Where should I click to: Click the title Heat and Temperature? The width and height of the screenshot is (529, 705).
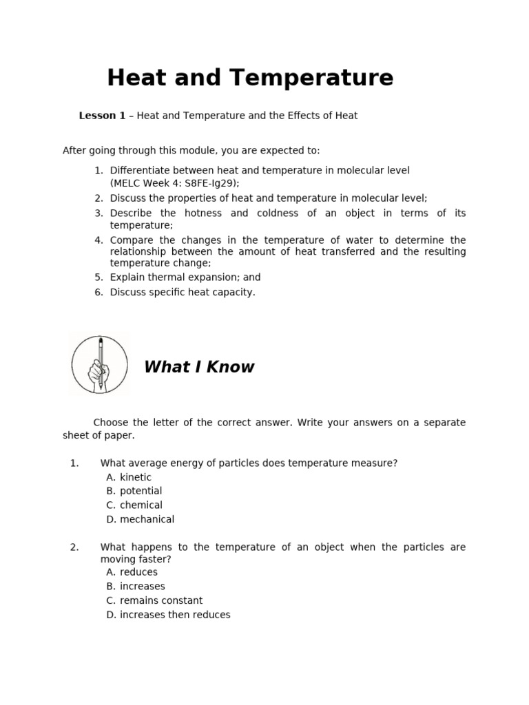(250, 78)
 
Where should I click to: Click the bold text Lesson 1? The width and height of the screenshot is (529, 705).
(102, 116)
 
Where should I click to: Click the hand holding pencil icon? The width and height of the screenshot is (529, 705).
(100, 364)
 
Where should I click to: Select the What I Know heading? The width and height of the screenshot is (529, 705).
(199, 367)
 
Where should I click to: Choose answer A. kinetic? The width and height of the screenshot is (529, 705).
(129, 477)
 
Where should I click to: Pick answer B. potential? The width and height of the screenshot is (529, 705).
(134, 491)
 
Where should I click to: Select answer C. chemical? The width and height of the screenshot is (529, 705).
(134, 505)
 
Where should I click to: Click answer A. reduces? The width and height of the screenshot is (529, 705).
(132, 572)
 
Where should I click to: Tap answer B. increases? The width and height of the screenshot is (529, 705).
(136, 587)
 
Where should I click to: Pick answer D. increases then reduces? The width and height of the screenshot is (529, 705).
(168, 615)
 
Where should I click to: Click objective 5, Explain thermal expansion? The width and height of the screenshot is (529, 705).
(185, 277)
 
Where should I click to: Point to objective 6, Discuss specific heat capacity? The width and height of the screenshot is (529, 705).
(182, 292)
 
